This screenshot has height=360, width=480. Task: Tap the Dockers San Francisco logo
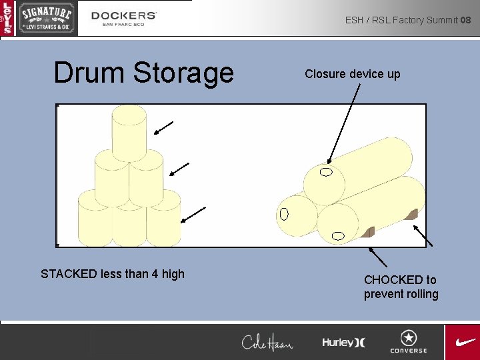[x=124, y=18]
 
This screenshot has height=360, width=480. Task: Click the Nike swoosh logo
[x=464, y=341]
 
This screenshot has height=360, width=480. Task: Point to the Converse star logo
[x=409, y=341]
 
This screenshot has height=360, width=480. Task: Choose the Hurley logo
[x=343, y=342]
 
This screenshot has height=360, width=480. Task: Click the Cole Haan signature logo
[x=267, y=342]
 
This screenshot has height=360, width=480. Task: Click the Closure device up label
[x=353, y=74]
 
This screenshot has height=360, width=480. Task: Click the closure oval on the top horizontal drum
[x=326, y=173]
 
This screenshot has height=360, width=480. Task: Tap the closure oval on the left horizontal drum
[x=284, y=214]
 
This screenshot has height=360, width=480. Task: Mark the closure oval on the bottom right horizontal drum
[x=338, y=235]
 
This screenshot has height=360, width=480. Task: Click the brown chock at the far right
[x=411, y=214]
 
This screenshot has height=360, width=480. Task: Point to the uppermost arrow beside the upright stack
[x=164, y=128]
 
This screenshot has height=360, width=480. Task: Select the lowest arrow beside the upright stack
[x=193, y=215]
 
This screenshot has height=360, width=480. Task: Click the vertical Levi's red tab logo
[x=7, y=18]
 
